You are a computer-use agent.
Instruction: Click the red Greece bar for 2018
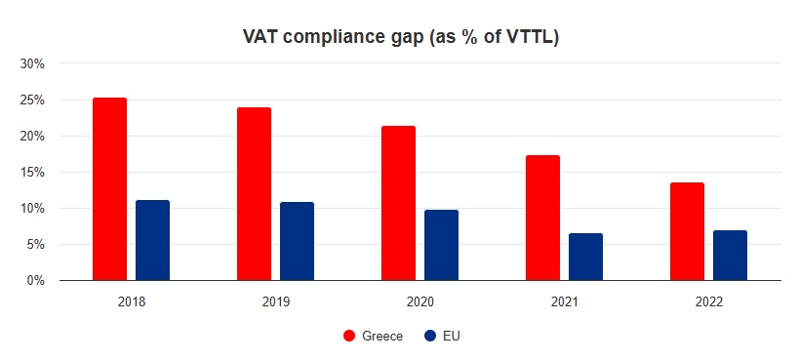click(x=109, y=189)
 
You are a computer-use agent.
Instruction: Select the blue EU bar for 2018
click(x=152, y=240)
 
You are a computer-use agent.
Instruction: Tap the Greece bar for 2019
click(x=254, y=194)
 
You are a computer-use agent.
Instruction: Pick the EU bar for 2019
click(x=297, y=241)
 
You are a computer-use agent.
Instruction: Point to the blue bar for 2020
click(x=441, y=245)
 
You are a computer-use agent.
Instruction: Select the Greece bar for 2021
click(x=542, y=218)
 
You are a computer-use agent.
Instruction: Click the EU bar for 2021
click(x=585, y=257)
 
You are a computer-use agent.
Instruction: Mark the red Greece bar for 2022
click(x=687, y=231)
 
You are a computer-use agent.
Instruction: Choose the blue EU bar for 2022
click(x=730, y=256)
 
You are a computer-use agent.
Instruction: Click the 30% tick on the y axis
click(x=33, y=64)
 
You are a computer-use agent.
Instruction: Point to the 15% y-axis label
click(x=33, y=173)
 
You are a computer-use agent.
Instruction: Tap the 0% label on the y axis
click(x=36, y=281)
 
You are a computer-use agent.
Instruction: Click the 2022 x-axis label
click(x=708, y=303)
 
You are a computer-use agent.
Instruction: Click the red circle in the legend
click(x=348, y=336)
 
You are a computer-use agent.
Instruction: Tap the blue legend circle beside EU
click(x=430, y=336)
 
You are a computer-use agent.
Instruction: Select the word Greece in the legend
click(x=380, y=336)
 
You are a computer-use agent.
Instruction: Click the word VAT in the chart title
click(x=260, y=37)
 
